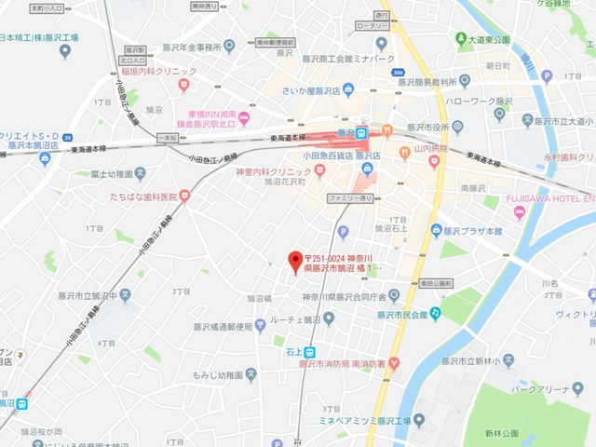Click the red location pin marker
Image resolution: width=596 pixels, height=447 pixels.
click(x=295, y=259)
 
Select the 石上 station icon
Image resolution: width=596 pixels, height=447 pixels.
click(x=294, y=352)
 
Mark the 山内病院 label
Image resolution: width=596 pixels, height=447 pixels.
click(x=432, y=149)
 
